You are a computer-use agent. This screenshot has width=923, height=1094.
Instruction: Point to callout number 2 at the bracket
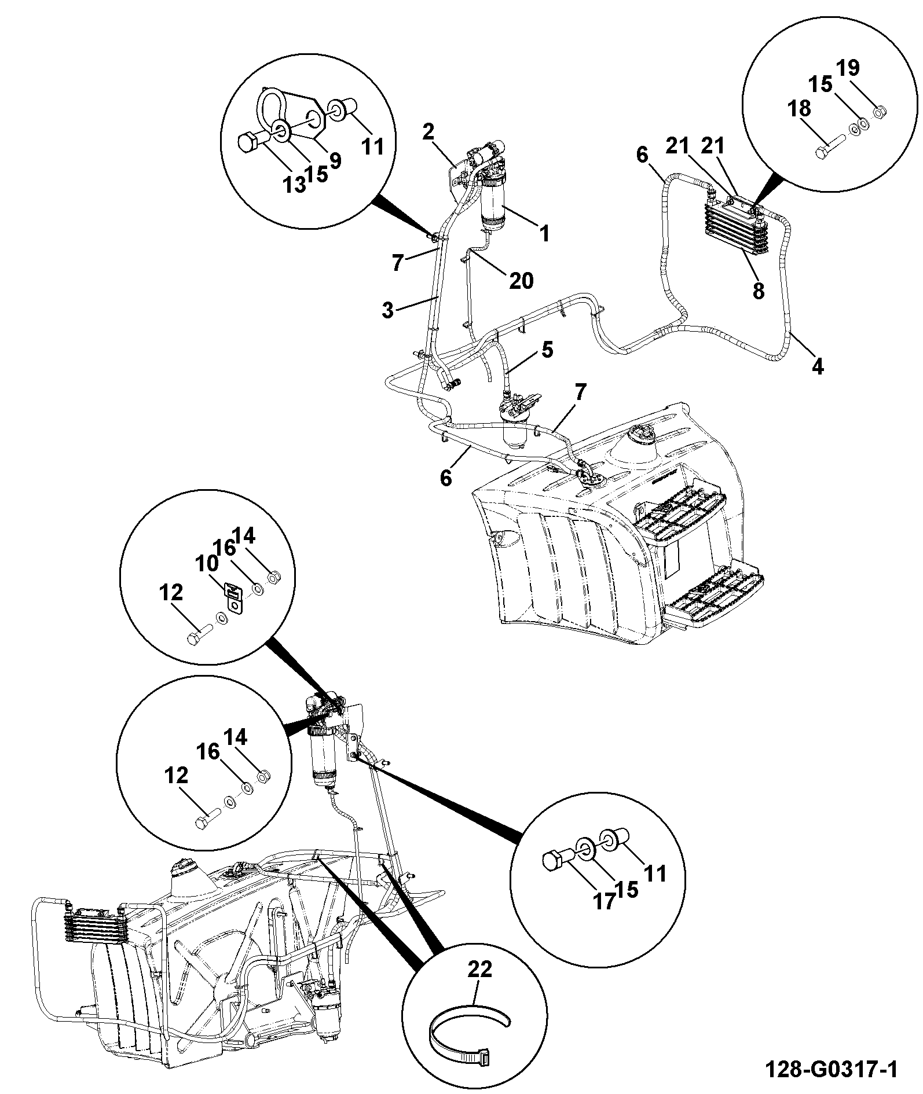pos(428,132)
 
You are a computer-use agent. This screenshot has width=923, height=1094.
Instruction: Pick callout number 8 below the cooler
pos(758,290)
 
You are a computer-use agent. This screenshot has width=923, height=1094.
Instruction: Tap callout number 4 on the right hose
pos(817,366)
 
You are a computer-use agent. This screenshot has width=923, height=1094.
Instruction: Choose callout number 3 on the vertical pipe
pos(388,310)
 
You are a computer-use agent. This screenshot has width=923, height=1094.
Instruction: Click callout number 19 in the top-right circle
pos(848,68)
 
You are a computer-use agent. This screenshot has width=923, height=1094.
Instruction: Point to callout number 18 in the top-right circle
pos(799,109)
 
